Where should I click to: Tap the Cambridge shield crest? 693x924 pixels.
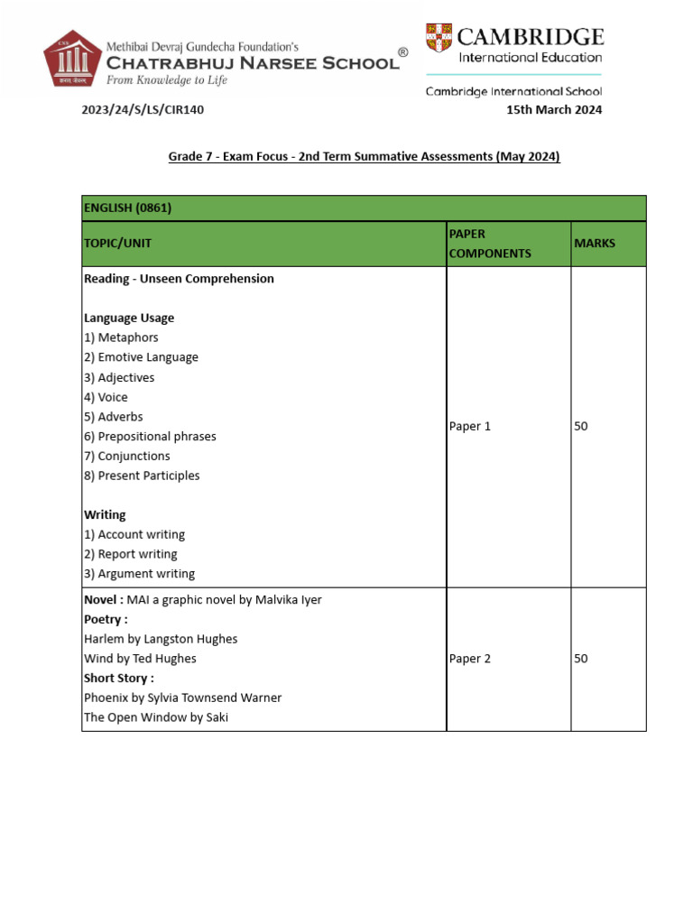pyautogui.click(x=439, y=38)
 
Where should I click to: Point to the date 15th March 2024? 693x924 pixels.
pyautogui.click(x=554, y=110)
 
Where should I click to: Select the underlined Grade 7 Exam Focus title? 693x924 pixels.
pyautogui.click(x=364, y=156)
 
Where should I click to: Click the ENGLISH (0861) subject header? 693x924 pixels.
pyautogui.click(x=127, y=208)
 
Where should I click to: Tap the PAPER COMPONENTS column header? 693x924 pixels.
pyautogui.click(x=490, y=244)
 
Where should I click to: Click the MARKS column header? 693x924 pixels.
pyautogui.click(x=595, y=244)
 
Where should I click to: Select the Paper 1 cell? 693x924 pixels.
pyautogui.click(x=470, y=426)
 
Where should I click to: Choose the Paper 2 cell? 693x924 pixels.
pyautogui.click(x=470, y=659)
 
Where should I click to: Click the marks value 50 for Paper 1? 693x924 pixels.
pyautogui.click(x=581, y=426)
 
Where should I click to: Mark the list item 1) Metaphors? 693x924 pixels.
pyautogui.click(x=121, y=337)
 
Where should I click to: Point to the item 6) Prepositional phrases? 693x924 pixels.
pyautogui.click(x=150, y=436)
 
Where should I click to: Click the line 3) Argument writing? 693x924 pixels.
pyautogui.click(x=139, y=574)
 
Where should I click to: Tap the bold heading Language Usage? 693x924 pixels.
pyautogui.click(x=129, y=318)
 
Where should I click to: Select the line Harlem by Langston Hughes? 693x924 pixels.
pyautogui.click(x=161, y=639)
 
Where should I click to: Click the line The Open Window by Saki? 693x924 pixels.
pyautogui.click(x=156, y=717)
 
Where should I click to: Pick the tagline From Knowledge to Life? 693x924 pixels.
pyautogui.click(x=167, y=80)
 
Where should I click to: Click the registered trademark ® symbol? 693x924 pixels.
pyautogui.click(x=402, y=52)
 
